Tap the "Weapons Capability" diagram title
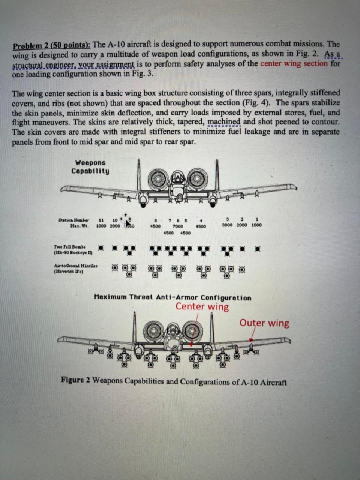90,167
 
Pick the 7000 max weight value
177,226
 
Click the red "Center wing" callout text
202,307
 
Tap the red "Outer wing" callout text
264,323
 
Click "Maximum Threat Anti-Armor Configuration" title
172,298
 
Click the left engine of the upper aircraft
158,179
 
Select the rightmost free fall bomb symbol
257,249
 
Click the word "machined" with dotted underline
223,122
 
